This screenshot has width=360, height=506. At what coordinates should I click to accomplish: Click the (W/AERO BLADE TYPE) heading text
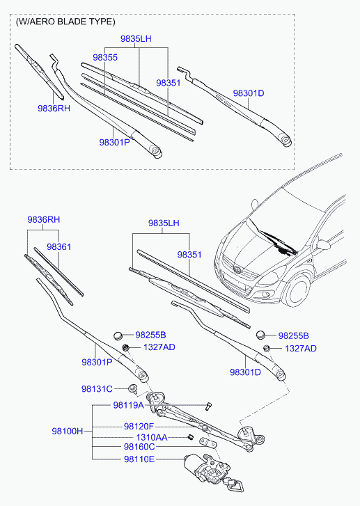click(x=65, y=22)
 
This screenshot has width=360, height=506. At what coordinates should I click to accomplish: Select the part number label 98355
click(x=105, y=58)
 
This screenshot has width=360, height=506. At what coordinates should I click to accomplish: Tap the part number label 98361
click(x=58, y=247)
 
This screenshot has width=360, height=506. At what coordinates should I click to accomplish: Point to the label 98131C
click(x=97, y=389)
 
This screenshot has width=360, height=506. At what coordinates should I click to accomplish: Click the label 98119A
click(x=129, y=405)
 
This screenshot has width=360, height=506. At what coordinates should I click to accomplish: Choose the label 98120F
click(x=139, y=426)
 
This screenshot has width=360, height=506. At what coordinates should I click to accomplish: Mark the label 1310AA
click(x=152, y=437)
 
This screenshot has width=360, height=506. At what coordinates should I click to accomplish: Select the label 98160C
click(x=139, y=447)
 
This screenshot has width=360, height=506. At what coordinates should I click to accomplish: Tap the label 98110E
click(x=139, y=459)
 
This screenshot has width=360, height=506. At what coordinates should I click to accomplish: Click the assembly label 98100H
click(x=68, y=431)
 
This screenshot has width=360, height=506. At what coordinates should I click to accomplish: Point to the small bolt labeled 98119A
click(x=208, y=406)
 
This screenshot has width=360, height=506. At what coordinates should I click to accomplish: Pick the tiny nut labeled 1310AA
click(x=191, y=437)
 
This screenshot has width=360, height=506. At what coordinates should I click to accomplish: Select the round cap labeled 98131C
click(x=132, y=388)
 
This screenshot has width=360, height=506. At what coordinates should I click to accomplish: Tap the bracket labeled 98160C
click(x=208, y=443)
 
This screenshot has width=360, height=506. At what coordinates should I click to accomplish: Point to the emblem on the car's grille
click(x=237, y=269)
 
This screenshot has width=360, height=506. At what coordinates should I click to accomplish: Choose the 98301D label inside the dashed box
click(x=249, y=93)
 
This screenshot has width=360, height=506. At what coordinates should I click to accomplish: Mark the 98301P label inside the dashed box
click(x=115, y=142)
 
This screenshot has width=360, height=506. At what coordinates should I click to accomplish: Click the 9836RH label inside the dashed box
click(x=54, y=108)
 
